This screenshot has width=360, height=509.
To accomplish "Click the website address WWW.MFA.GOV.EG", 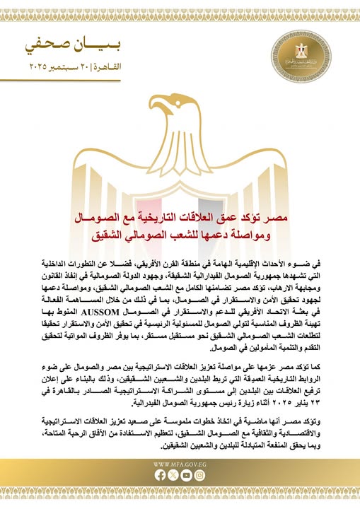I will pyautogui.click(x=180, y=464).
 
